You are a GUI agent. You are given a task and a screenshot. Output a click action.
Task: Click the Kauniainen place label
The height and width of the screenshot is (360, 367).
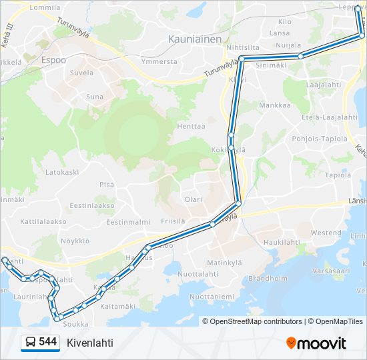coord(195,39)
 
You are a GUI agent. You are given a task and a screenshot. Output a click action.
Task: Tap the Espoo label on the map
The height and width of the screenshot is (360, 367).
coord(54,59)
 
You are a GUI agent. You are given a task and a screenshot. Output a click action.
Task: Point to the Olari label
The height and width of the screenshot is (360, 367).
coord(193,199)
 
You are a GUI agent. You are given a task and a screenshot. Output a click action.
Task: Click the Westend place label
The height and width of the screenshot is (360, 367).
coord(326,233)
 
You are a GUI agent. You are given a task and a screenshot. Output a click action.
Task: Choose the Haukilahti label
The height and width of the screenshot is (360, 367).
coord(281,242)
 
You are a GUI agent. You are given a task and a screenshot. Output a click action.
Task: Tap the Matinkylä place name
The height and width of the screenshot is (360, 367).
coord(224,263)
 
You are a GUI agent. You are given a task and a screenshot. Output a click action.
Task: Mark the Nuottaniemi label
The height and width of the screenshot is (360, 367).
coord(212,296)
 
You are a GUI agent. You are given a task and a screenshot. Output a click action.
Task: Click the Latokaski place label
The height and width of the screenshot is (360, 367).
coord(62,171)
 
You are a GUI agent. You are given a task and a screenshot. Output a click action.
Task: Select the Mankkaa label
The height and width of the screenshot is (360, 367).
coord(275,105)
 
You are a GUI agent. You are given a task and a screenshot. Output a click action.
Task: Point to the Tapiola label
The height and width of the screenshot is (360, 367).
coord(338,175)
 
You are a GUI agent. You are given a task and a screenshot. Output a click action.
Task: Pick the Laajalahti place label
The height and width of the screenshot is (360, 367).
coord(324,85)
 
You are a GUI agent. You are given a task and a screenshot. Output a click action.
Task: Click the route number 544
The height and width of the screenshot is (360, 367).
coord(47,342)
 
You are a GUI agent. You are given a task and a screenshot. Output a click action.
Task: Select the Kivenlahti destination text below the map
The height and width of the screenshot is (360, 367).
coord(90,343)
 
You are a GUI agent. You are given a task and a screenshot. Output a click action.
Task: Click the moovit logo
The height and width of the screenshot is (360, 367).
coord(316,343)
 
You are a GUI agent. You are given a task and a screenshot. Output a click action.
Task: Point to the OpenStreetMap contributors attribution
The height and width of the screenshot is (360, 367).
coord(252,321)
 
